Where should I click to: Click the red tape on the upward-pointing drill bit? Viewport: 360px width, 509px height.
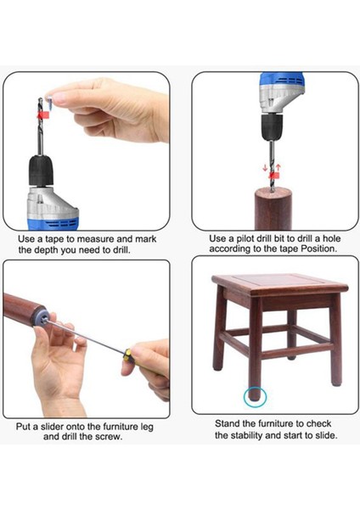(x=43, y=115)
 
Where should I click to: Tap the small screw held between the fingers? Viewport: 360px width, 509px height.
(x=50, y=102)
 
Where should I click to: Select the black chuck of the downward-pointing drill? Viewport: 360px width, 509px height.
(x=272, y=127)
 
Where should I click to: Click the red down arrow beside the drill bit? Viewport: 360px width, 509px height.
(x=265, y=168)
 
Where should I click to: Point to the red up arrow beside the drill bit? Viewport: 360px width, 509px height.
(x=278, y=169)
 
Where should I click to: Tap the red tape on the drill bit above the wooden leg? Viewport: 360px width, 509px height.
(x=273, y=176)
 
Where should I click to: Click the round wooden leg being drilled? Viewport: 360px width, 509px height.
(x=273, y=209)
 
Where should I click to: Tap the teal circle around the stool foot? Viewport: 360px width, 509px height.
(x=255, y=397)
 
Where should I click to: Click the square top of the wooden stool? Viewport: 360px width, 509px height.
(x=279, y=285)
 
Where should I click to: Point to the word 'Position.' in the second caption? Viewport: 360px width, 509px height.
(x=318, y=249)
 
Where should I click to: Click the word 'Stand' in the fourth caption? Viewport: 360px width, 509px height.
(x=227, y=423)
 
